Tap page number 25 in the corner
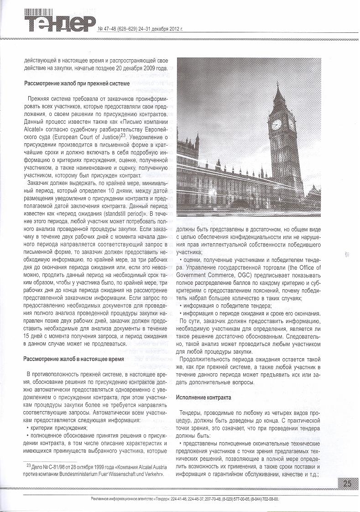(x=347, y=483)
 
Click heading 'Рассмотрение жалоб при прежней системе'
(x=77, y=84)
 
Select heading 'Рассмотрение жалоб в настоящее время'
(x=73, y=359)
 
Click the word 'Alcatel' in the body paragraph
(x=33, y=128)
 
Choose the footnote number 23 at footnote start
(x=28, y=466)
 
